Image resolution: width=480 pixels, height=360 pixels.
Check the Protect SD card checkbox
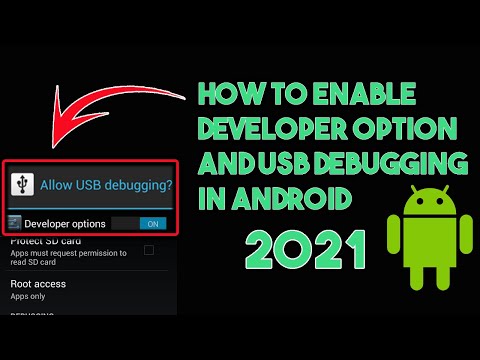(148, 249)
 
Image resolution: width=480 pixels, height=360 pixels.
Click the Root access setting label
(38, 284)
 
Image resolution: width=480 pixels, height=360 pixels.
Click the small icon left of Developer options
(14, 223)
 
